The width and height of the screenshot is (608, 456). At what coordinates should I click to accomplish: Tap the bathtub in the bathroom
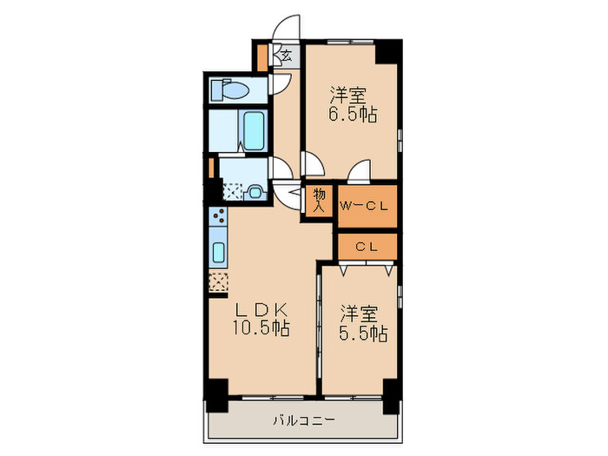254,130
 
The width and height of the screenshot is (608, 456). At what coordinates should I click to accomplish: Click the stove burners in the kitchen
219,215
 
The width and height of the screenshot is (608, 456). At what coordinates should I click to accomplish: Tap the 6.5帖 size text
352,114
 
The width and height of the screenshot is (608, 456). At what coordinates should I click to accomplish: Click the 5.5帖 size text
362,333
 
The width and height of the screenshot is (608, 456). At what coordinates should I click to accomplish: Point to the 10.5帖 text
261,329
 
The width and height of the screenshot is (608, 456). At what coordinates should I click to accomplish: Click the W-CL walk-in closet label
367,206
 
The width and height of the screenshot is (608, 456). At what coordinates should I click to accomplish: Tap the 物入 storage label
319,200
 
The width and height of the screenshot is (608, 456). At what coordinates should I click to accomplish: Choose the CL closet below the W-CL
367,247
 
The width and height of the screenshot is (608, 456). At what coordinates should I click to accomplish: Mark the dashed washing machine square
233,191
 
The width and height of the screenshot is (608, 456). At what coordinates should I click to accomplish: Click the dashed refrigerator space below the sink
219,282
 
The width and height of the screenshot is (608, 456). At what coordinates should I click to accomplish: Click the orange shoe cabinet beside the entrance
263,57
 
